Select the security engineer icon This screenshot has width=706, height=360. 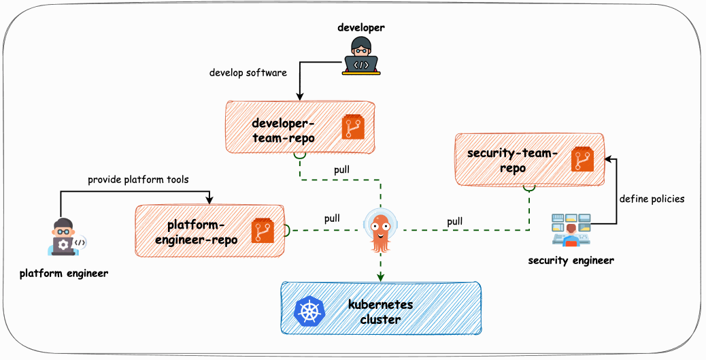571,230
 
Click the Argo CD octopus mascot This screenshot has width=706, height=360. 380,230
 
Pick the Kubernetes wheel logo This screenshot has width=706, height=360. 310,310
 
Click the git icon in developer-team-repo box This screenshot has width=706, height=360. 354,127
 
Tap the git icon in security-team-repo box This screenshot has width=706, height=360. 583,159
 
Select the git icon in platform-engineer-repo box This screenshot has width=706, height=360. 263,231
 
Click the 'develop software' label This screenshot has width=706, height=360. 248,72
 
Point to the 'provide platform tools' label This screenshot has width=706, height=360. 138,180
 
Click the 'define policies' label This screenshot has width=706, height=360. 652,199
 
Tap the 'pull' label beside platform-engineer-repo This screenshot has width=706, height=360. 332,218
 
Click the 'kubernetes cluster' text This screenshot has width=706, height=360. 380,311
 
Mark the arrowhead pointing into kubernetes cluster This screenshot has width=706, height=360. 380,277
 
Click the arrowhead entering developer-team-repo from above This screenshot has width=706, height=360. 299,97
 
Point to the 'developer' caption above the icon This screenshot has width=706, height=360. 361,28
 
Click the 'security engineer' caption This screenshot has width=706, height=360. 571,260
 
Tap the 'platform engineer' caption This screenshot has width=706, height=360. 64,274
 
